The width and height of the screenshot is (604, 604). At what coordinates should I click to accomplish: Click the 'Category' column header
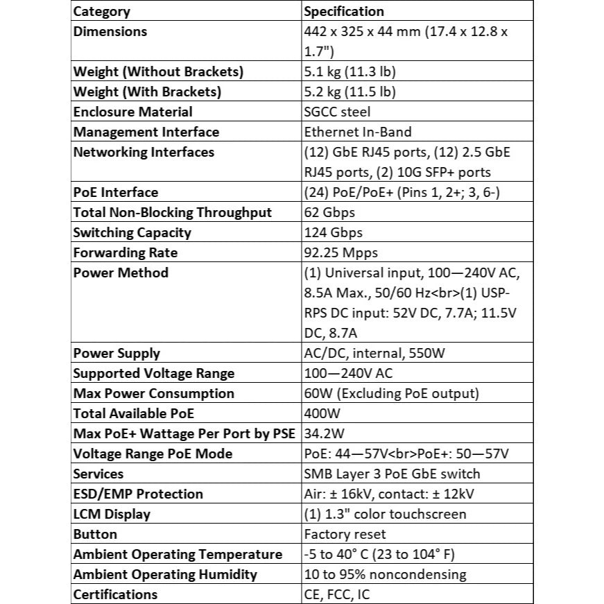101,11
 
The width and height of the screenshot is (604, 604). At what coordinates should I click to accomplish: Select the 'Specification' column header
343,11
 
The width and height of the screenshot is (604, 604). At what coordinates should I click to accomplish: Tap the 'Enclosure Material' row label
133,112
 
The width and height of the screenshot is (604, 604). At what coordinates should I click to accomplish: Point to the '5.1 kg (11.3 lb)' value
350,71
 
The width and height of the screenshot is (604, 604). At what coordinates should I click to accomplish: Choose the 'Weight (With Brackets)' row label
147,92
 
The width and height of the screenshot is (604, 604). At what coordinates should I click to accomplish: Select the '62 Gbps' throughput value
329,212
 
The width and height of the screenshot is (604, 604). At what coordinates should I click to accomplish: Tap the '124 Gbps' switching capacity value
333,232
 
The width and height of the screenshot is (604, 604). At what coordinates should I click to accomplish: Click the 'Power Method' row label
121,273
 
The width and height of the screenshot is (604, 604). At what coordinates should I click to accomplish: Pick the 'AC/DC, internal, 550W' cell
374,353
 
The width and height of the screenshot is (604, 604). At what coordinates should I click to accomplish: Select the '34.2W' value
325,433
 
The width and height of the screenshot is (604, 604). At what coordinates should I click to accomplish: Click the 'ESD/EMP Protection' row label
138,494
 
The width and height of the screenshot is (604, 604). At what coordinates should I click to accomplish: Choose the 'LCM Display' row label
112,514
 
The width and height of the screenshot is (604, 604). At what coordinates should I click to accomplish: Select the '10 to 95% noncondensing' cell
385,574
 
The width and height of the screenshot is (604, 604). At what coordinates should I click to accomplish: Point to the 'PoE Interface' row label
116,192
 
